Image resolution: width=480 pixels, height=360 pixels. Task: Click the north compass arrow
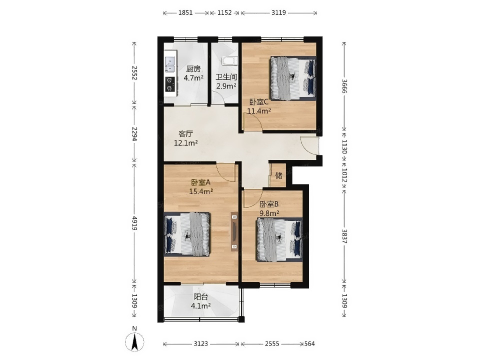pos(134,341)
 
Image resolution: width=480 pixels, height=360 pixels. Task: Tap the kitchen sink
pos(169,64)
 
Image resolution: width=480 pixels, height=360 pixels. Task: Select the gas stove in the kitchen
pos(170,84)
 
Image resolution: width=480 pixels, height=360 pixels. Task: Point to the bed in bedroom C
pos(292,78)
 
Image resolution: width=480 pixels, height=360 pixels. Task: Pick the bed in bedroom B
pos(279,239)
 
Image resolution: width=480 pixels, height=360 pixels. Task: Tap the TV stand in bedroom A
pos(234,231)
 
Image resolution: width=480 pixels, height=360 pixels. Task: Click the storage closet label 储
pos(278,175)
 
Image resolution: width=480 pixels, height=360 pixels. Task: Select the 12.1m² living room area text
pos(185,142)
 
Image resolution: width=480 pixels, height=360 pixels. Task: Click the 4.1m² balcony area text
pos(200,305)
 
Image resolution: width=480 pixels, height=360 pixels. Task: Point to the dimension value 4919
pos(134,223)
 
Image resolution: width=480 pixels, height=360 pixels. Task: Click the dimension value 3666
pos(344,86)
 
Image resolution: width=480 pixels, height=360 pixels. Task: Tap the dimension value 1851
pos(185,12)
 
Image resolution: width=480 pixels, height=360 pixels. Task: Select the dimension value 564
pos(309,344)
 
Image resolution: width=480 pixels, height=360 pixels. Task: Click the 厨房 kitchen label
pos(193,69)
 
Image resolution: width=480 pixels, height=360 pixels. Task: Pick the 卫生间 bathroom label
pos(226,77)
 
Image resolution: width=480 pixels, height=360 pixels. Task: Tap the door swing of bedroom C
pos(253,122)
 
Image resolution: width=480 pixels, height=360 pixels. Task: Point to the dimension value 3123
pos(201,344)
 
